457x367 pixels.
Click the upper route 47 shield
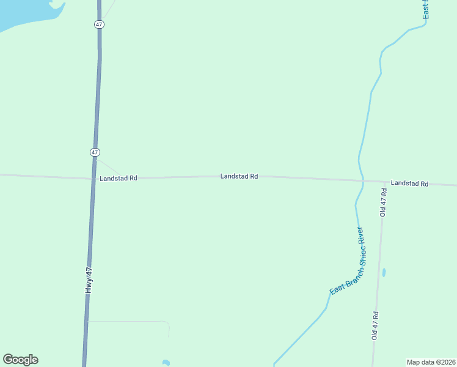point(99,24)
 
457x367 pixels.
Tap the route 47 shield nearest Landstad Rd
point(95,152)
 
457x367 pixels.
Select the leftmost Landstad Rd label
point(119,178)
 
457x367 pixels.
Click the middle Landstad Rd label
point(239,176)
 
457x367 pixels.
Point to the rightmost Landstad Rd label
point(409,183)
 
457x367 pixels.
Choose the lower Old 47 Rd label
point(376,325)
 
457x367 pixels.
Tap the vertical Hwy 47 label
point(89,280)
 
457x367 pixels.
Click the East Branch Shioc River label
point(347,261)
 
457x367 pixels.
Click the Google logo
point(20,360)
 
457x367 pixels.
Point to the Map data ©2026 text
point(431,362)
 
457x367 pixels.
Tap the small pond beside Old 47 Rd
point(384,273)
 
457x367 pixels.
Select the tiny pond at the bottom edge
point(166,363)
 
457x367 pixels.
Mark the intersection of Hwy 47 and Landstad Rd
point(93,179)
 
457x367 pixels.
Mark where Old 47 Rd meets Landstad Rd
point(384,182)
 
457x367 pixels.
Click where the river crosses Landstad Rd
point(362,181)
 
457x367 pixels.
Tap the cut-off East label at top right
point(426,9)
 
